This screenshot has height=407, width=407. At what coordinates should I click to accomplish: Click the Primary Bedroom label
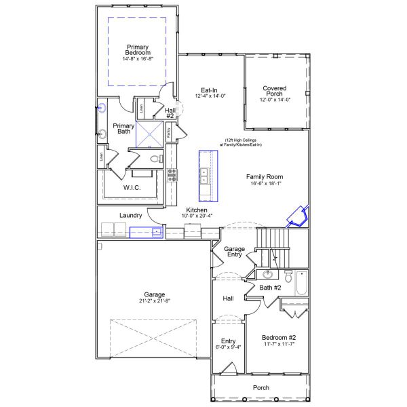click(138, 50)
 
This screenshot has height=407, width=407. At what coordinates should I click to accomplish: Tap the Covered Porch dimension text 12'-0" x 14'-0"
click(275, 100)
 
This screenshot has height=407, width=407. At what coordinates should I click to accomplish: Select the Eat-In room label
click(209, 90)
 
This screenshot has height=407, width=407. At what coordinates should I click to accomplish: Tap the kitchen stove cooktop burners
click(172, 175)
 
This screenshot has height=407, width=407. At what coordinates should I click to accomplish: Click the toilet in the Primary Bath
click(155, 159)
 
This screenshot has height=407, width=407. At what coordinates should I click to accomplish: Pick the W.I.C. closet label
click(131, 187)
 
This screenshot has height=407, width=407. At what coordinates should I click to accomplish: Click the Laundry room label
click(130, 215)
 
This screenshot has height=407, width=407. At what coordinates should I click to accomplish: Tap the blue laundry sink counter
click(147, 232)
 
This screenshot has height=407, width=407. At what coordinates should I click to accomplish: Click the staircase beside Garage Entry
click(273, 248)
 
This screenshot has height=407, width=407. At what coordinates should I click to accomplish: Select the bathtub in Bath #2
click(301, 283)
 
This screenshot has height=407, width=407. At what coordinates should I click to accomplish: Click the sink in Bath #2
click(269, 275)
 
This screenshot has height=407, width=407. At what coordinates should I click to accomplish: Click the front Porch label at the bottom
click(260, 387)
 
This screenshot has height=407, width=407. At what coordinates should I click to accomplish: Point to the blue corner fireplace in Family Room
click(297, 216)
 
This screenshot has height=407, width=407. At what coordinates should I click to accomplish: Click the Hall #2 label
click(170, 113)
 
